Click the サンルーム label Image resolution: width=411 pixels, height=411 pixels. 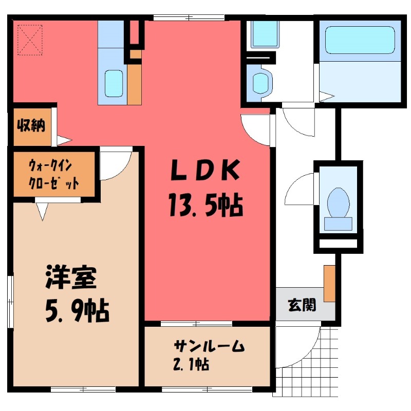209,346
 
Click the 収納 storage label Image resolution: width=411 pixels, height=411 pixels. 31,125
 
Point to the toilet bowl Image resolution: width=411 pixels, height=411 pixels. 338,201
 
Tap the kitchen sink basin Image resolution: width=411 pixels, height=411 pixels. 114,83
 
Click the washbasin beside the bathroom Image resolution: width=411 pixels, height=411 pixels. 261,83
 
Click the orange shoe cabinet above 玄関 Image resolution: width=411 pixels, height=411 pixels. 329,283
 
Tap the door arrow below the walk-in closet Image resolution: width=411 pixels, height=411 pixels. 43,211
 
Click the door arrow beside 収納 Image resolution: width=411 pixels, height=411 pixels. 64,140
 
